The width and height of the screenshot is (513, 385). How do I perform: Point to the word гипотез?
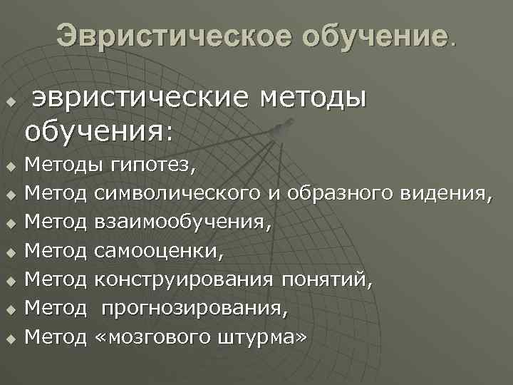(152, 166)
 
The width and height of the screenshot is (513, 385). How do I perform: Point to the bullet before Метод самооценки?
(11, 252)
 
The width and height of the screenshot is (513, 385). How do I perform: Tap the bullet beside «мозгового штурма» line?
(11, 337)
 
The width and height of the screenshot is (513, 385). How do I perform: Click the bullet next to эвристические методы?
(11, 101)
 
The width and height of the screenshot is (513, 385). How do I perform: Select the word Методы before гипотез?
(57, 166)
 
